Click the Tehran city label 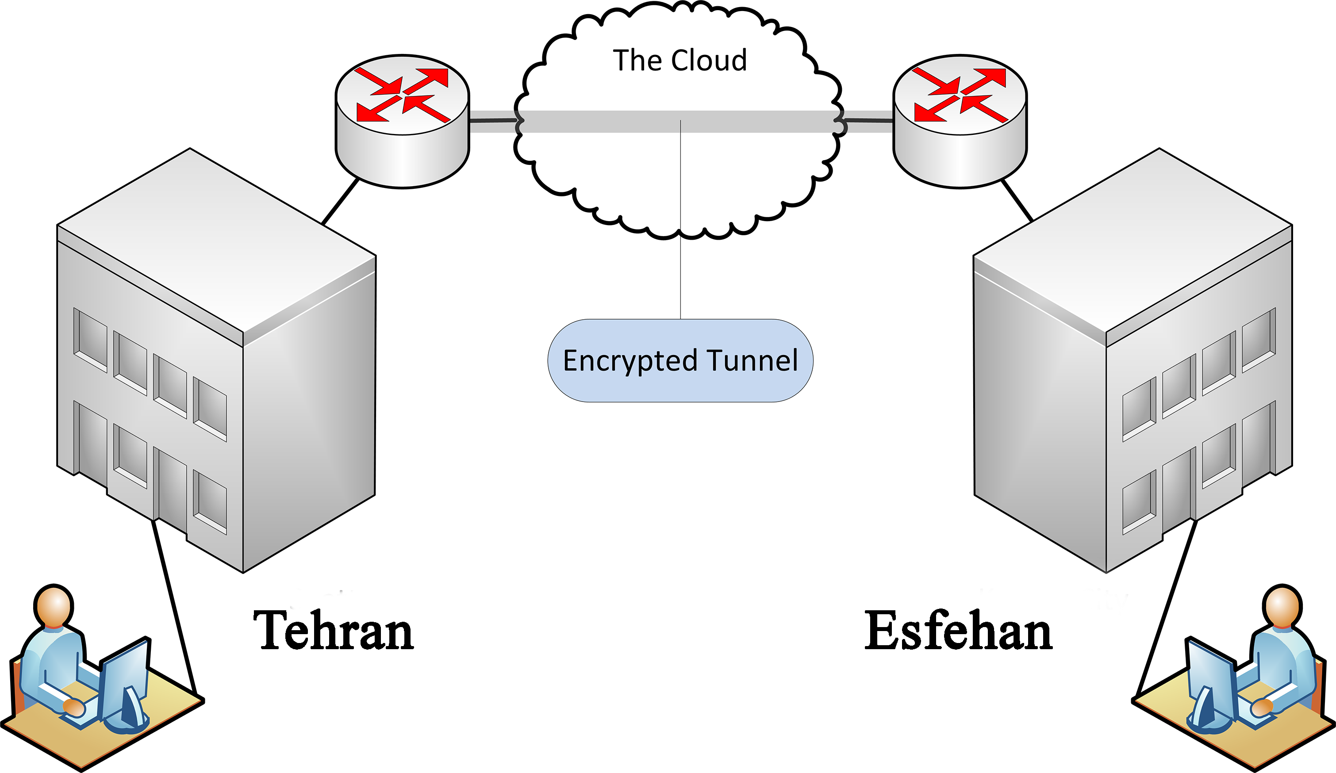tap(334, 630)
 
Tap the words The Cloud tap(680, 61)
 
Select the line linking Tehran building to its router tap(340, 202)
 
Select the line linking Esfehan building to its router tap(1017, 201)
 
